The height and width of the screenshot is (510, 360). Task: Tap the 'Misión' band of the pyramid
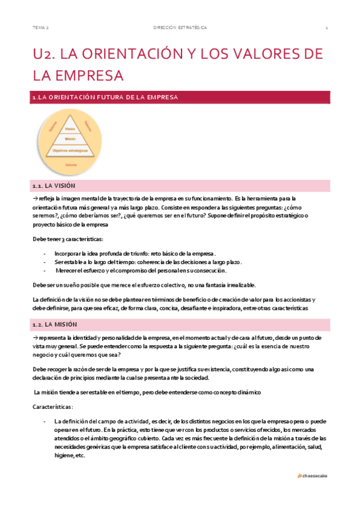pyautogui.click(x=70, y=139)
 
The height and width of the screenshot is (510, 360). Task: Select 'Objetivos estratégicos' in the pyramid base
pyautogui.click(x=70, y=150)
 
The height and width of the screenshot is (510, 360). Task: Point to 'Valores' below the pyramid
pyautogui.click(x=71, y=164)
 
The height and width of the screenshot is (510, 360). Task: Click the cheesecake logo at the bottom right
pyautogui.click(x=313, y=475)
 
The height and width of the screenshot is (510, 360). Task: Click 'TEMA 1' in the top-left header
pyautogui.click(x=41, y=28)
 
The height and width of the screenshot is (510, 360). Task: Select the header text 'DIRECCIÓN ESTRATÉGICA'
pyautogui.click(x=180, y=28)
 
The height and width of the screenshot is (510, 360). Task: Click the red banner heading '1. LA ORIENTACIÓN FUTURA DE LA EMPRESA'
pyautogui.click(x=105, y=96)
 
